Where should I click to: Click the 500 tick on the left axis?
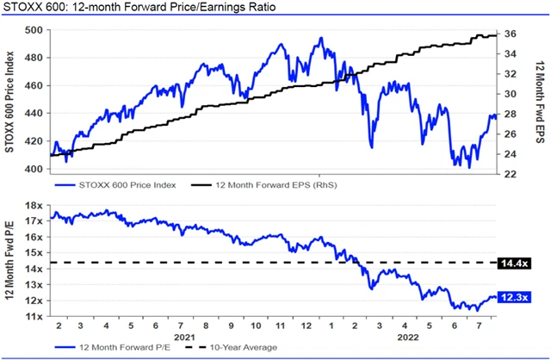34,30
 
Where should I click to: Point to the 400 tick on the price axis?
34,169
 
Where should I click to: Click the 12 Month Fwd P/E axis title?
10,261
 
